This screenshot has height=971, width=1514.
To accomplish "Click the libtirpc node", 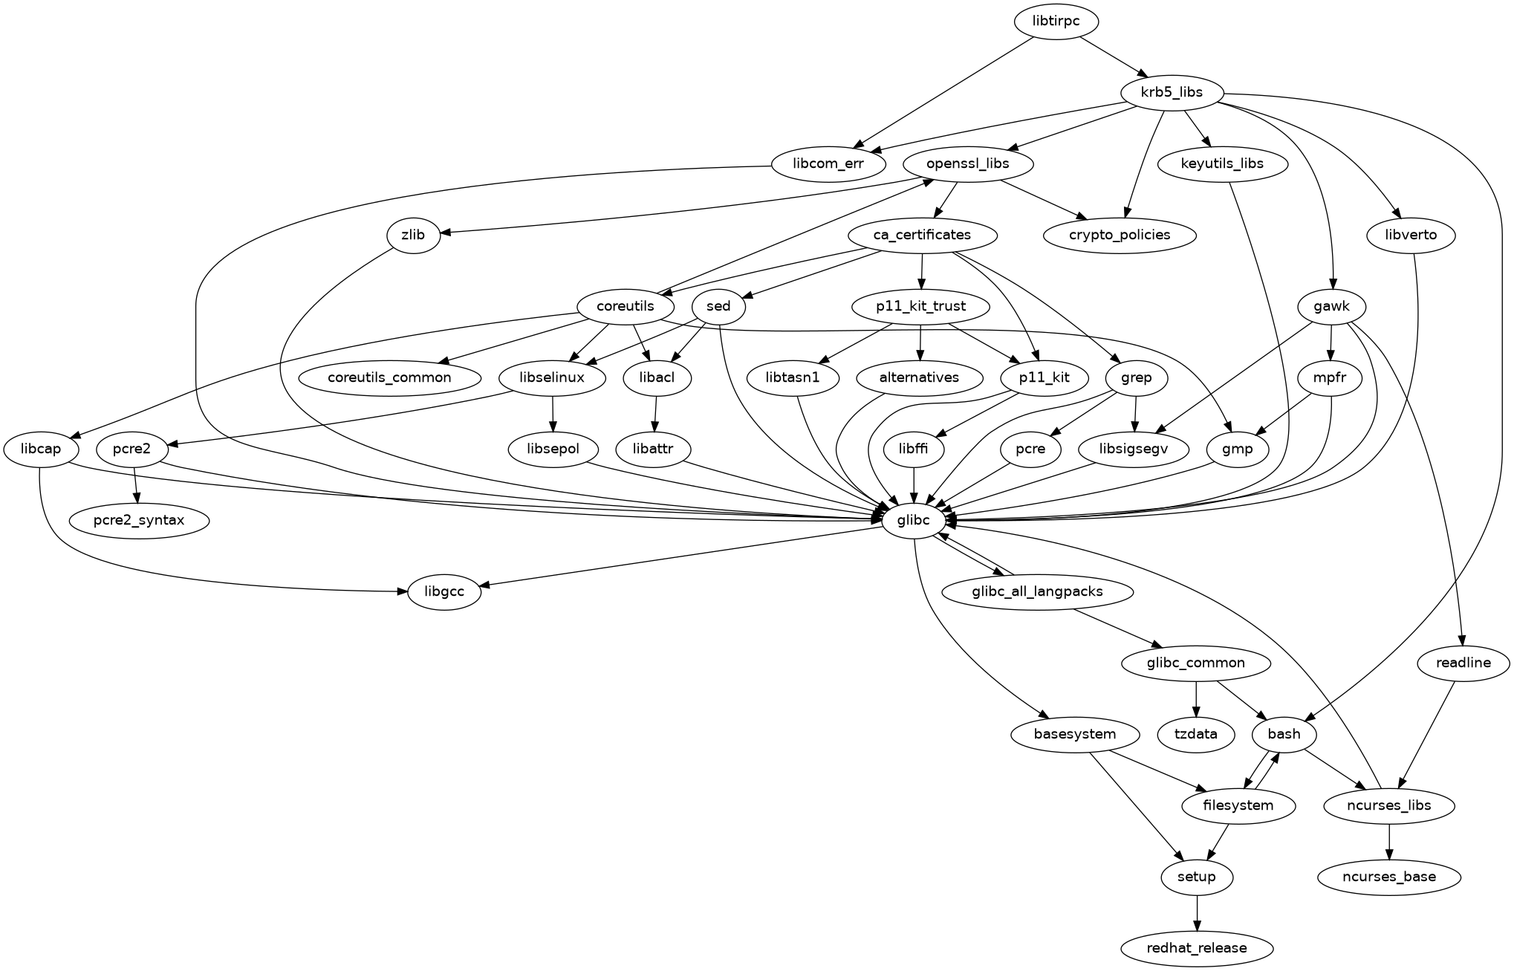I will tap(1056, 21).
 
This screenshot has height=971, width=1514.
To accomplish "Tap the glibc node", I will tap(913, 520).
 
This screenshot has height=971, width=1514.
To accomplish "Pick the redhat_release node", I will tap(1196, 948).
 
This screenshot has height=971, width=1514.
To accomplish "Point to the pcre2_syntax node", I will tap(139, 520).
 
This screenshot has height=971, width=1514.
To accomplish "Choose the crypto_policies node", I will tap(1120, 235).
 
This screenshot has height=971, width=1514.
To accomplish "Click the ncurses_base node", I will tap(1388, 877).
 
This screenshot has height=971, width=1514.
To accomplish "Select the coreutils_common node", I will tap(389, 377).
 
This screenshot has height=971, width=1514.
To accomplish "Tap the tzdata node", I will tap(1196, 734).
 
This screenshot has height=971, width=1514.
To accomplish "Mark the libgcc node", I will tap(444, 592).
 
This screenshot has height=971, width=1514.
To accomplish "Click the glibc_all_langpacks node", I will tap(1037, 592).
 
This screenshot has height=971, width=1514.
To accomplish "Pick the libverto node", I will tap(1411, 235).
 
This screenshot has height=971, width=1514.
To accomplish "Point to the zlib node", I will tap(413, 235).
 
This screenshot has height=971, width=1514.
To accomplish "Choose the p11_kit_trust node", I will tap(920, 306).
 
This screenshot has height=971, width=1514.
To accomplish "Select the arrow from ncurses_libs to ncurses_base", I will tap(1388, 842).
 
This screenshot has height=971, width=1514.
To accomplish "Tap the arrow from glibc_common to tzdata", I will tap(1196, 698).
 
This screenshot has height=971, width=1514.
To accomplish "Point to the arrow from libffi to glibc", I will tap(913, 484).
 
